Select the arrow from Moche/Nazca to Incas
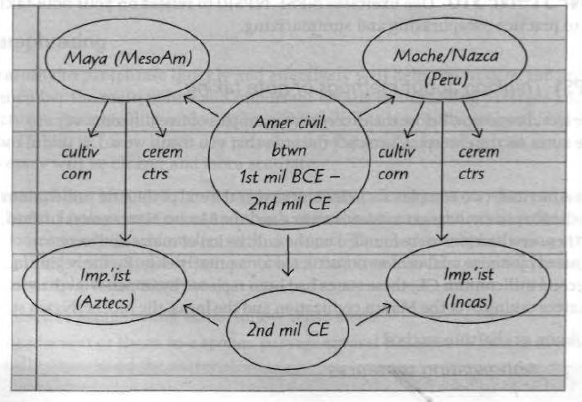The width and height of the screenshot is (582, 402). pos(442,178)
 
